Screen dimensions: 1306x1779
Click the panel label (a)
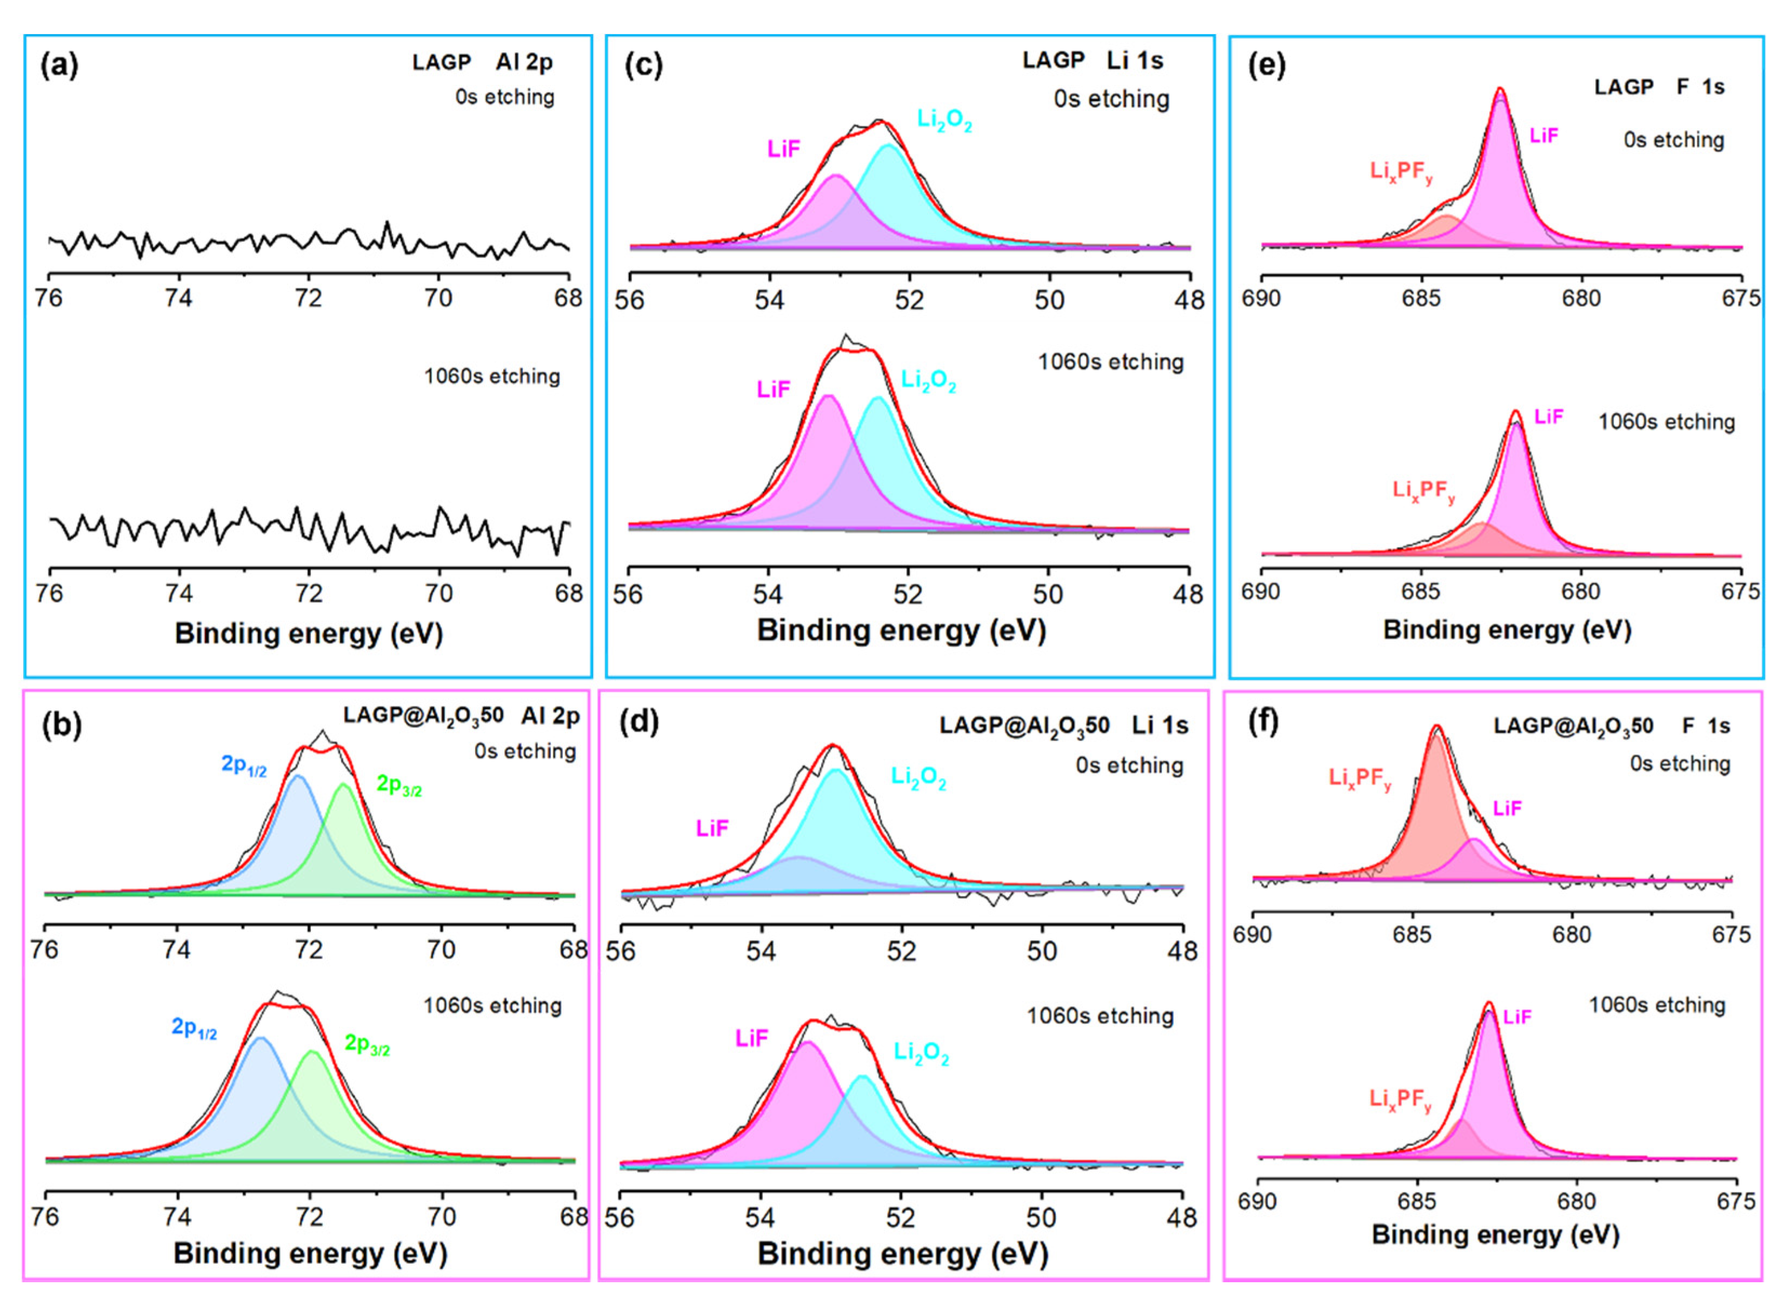59,65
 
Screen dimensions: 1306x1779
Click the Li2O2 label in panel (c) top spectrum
944,120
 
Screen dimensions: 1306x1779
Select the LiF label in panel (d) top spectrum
712,829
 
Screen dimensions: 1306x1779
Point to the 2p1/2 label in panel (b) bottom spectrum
194,1028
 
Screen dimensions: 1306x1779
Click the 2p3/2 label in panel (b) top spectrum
399,785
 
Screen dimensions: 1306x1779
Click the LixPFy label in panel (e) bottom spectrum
1424,491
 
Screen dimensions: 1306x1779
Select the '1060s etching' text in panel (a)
491,376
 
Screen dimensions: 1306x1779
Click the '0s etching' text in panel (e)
1674,140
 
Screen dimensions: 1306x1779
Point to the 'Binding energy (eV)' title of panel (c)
901,630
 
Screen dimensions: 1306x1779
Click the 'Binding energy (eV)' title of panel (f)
1495,1234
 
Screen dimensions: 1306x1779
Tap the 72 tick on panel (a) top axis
309,298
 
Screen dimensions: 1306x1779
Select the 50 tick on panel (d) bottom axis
1041,1217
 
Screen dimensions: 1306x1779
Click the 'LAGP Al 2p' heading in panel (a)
482,63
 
